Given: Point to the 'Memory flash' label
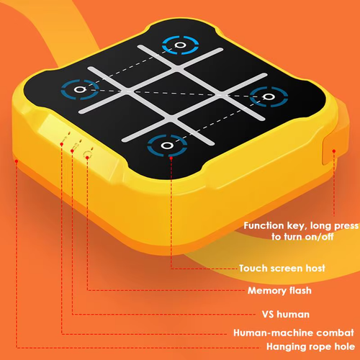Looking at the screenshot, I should (x=279, y=291).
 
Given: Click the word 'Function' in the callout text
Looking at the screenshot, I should (x=264, y=225).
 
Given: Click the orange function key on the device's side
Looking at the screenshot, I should (x=336, y=152).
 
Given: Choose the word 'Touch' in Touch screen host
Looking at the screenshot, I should (x=253, y=268).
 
